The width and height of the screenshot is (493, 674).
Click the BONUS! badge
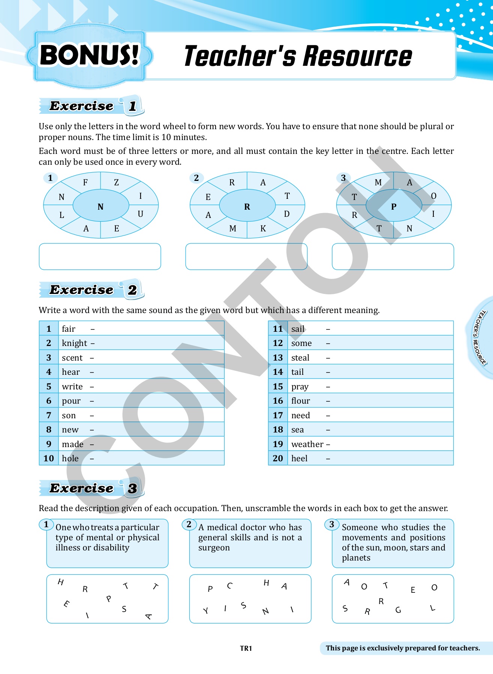[x=89, y=55]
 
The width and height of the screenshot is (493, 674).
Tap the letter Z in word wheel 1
[x=116, y=182]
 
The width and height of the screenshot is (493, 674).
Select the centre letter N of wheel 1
[x=100, y=207]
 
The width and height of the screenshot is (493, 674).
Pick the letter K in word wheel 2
[x=263, y=229]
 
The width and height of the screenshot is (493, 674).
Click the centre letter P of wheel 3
[x=394, y=207]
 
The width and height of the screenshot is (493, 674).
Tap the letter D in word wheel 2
[x=287, y=214]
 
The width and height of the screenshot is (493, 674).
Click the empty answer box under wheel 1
[x=100, y=256]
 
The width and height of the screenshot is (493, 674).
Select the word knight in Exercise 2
[x=75, y=343]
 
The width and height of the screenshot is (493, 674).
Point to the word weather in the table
[x=307, y=444]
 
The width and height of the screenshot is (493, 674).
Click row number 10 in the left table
[x=49, y=458]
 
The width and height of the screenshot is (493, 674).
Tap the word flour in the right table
[x=301, y=401]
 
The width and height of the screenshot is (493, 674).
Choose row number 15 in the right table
[x=278, y=386]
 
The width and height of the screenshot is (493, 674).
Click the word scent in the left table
[x=72, y=358]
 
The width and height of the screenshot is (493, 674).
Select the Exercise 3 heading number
[x=132, y=488]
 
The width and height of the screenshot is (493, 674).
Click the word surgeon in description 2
[x=214, y=548]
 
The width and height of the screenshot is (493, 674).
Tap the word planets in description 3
[x=356, y=558]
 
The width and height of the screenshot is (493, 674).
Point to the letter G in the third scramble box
[x=398, y=610]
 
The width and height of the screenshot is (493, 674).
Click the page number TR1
[x=246, y=648]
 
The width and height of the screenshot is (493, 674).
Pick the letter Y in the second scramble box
[x=205, y=611]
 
